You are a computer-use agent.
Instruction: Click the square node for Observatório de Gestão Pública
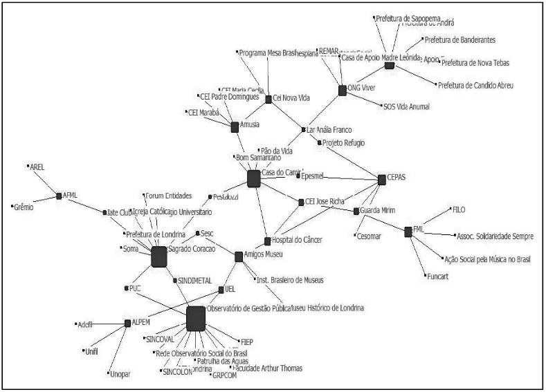(x=196, y=318)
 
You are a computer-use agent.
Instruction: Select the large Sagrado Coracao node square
(x=159, y=256)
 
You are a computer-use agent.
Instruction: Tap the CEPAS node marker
(x=382, y=179)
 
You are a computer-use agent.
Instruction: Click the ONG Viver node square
(x=342, y=90)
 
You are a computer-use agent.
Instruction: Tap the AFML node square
(x=59, y=196)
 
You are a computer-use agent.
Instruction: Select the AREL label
(x=37, y=167)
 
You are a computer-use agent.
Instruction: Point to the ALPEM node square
(x=127, y=323)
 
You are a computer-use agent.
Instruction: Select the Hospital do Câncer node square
(x=268, y=241)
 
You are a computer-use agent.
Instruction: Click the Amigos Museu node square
(x=239, y=256)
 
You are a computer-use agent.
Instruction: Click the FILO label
(x=459, y=209)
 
